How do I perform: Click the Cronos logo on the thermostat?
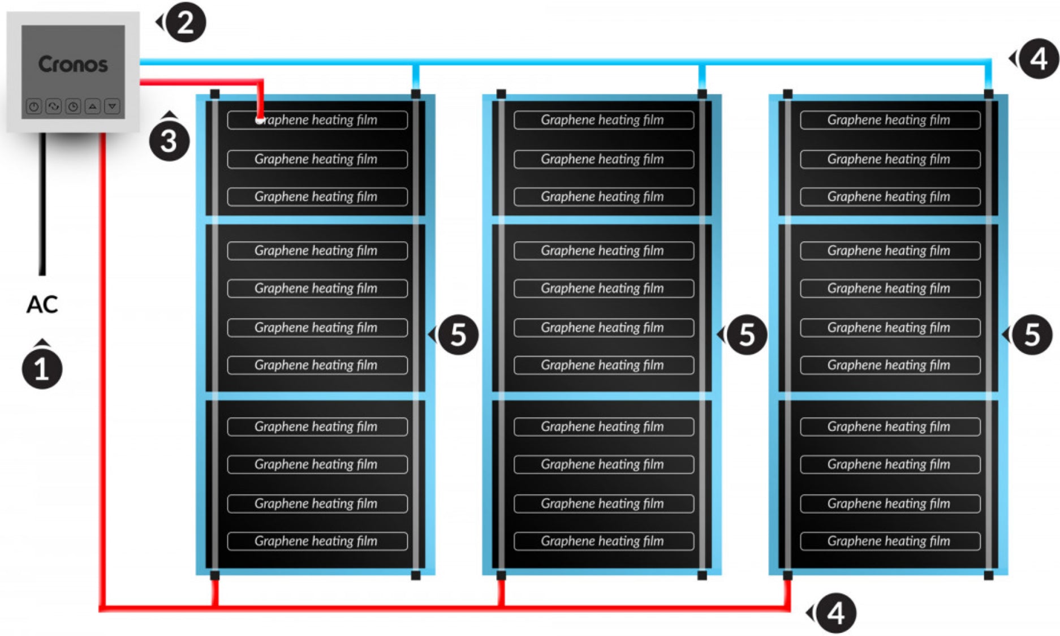73,64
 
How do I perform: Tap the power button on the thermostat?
34,106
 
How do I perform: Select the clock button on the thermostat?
73,106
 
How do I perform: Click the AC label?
42,304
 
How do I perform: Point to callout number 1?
42,369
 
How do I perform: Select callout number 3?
169,141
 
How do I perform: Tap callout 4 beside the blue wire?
1039,59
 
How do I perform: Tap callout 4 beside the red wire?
835,613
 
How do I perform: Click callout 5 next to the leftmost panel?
458,335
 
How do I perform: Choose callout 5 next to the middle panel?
747,335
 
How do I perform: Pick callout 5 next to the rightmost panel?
1032,335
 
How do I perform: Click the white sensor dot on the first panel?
259,120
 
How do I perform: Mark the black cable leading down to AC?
42,204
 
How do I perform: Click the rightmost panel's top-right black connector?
989,94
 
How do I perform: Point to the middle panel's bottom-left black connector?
501,575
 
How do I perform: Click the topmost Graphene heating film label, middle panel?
603,120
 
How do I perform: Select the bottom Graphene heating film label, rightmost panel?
890,541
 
